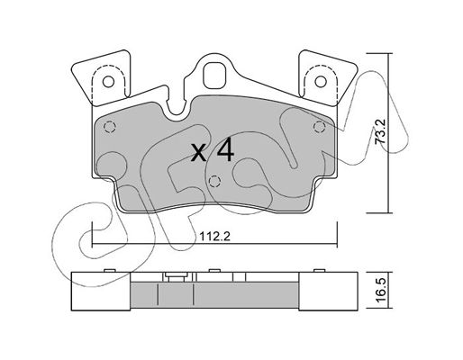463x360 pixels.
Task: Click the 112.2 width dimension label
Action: [x=214, y=237]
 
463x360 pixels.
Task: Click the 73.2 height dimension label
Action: [x=381, y=131]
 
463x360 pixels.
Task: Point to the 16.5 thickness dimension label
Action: [x=381, y=291]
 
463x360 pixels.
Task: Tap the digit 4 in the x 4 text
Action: [x=225, y=150]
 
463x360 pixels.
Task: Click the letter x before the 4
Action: [x=199, y=152]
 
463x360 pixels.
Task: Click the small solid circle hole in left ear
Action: [x=108, y=82]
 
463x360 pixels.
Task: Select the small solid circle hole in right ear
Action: [x=321, y=82]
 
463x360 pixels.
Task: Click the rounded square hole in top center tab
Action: [x=214, y=76]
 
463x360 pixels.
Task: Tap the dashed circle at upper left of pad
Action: [x=109, y=127]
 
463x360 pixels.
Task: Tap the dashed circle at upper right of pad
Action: [x=319, y=127]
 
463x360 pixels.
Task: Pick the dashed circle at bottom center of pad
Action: [x=214, y=181]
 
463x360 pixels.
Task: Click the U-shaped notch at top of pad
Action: [x=178, y=105]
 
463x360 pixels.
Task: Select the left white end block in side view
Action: [x=101, y=292]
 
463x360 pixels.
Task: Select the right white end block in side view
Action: [x=328, y=292]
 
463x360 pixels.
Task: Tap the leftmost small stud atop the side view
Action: [x=110, y=271]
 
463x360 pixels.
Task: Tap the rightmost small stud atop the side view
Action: [x=320, y=271]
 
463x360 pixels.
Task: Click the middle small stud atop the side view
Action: [x=214, y=271]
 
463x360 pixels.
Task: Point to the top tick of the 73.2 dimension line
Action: [x=379, y=53]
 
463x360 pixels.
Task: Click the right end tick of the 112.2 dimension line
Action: [x=337, y=235]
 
